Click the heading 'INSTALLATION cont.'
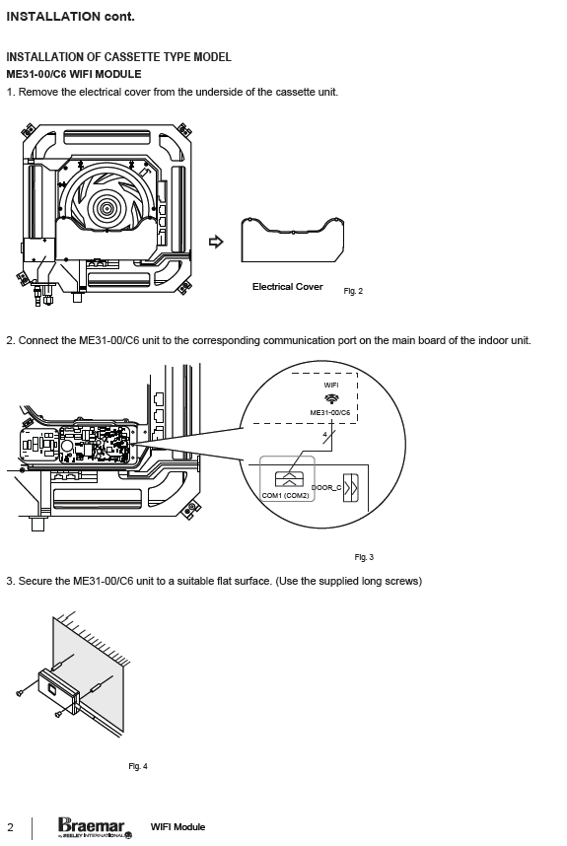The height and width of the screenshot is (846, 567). pos(70,17)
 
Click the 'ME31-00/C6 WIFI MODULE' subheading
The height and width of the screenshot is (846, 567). pos(74,75)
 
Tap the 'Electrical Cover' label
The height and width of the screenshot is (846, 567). pos(288,287)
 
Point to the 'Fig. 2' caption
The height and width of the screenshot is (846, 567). pos(353,291)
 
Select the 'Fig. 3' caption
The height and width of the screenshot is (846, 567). pos(364,557)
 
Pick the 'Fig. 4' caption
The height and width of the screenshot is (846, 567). pos(138,766)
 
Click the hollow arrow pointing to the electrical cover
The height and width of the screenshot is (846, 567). pos(216,242)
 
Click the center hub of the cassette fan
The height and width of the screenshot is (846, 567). pos(106,208)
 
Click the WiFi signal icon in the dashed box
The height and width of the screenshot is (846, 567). pos(331,398)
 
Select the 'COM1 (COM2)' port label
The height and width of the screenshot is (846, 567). pos(285,495)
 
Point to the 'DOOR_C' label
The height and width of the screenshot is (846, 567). pos(326,488)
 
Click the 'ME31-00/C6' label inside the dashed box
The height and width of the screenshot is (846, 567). pos(329,413)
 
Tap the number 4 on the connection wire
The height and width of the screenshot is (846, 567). pos(324,434)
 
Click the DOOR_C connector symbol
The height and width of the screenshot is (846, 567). pos(351,488)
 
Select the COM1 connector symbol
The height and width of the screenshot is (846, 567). pos(290,478)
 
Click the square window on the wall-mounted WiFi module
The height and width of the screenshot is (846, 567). pos(51,689)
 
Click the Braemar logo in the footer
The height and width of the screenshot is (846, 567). pos(95,827)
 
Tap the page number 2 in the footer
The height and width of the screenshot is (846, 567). pos(11,827)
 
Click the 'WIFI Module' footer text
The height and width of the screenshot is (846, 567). pos(177,827)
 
